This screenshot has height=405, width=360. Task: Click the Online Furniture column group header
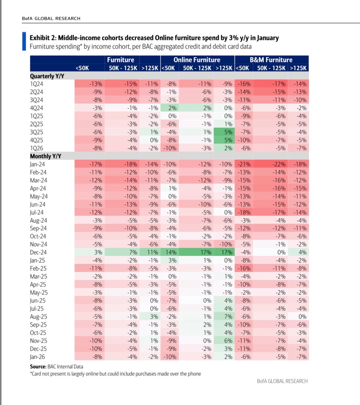[x=197, y=60]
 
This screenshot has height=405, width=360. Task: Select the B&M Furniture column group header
[x=271, y=60]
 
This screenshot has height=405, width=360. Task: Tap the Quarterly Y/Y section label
[x=47, y=76]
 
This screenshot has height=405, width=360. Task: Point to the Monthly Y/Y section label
[x=46, y=156]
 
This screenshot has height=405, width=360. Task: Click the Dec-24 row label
[x=38, y=252]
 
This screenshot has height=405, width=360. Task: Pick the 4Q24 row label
[x=36, y=108]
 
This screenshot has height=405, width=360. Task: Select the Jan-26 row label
[x=37, y=357]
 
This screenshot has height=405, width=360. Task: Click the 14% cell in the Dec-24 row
[x=170, y=252]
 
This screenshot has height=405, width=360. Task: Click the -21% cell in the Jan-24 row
[x=244, y=164]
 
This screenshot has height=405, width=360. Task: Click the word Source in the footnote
[x=38, y=367]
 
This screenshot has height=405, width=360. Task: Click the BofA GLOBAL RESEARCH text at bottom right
[x=282, y=381]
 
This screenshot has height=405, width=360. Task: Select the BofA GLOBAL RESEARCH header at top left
[x=51, y=18]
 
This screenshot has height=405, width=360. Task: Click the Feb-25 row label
[x=38, y=269]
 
